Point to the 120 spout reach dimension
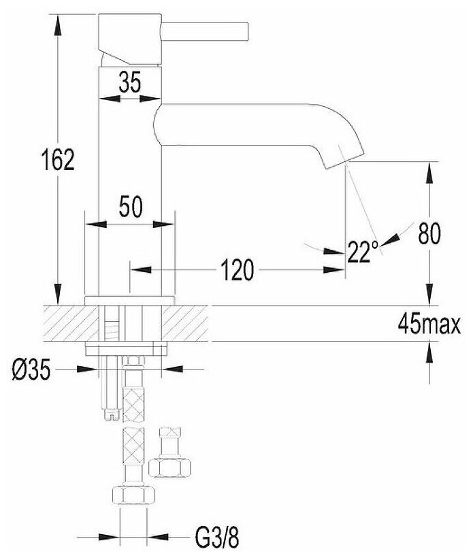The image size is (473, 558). pos(237,271)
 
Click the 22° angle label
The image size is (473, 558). pos(362,252)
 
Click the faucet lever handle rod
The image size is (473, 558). pos(208,31)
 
